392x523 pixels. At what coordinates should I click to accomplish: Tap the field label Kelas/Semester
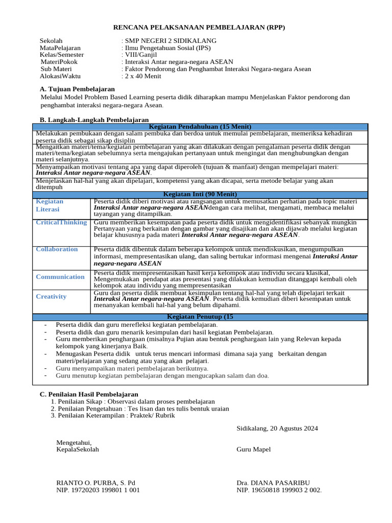(62, 55)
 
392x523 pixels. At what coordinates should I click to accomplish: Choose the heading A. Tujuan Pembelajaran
(77, 89)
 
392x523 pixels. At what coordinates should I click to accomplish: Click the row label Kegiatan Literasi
(50, 205)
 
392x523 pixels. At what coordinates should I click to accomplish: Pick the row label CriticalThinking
(61, 223)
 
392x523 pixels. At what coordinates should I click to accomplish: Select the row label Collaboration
(57, 249)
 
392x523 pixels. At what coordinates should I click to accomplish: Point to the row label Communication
(60, 277)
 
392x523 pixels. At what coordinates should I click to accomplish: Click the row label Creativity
(51, 297)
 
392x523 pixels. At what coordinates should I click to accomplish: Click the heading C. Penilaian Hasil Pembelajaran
(89, 394)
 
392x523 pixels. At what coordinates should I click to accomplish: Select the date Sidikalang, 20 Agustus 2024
(277, 428)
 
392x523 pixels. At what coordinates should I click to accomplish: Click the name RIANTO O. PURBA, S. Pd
(95, 483)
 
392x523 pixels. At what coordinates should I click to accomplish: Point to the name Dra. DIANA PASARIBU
(273, 483)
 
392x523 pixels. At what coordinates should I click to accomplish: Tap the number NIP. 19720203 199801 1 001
(97, 490)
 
